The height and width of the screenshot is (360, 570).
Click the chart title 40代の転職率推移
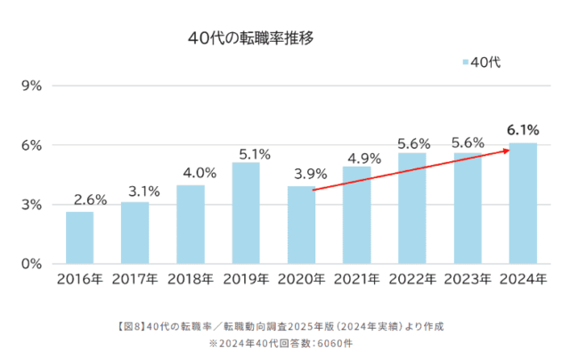point(252,39)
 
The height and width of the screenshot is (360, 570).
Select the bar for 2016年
point(79,237)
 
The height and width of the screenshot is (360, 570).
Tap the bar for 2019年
point(246,213)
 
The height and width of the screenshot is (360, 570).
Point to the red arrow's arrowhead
point(507,151)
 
